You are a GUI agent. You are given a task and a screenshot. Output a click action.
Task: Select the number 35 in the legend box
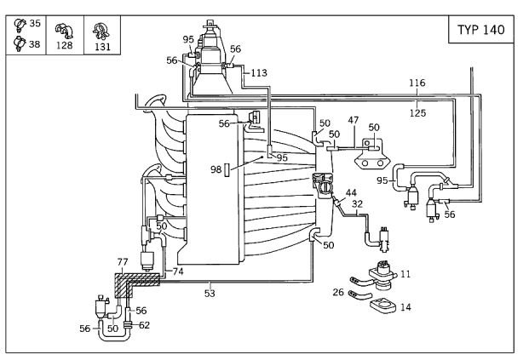[34, 23]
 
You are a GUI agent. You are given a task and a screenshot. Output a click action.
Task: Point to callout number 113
[258, 73]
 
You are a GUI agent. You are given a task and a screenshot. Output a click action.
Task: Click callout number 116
[417, 83]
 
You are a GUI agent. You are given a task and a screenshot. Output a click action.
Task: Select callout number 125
[417, 111]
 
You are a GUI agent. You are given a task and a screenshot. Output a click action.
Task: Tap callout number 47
[354, 121]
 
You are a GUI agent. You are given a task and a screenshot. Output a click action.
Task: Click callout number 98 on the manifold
[216, 169]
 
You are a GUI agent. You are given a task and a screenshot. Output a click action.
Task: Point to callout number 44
[351, 193]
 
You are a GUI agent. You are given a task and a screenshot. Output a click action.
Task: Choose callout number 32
[358, 204]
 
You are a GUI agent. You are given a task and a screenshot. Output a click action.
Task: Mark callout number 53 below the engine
[210, 294]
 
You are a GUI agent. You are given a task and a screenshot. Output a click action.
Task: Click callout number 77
[122, 263]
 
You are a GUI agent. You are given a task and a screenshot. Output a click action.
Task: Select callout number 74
[178, 271]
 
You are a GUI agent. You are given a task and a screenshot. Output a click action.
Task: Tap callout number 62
[144, 324]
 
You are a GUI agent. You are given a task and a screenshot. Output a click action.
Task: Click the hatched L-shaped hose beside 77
[128, 281]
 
